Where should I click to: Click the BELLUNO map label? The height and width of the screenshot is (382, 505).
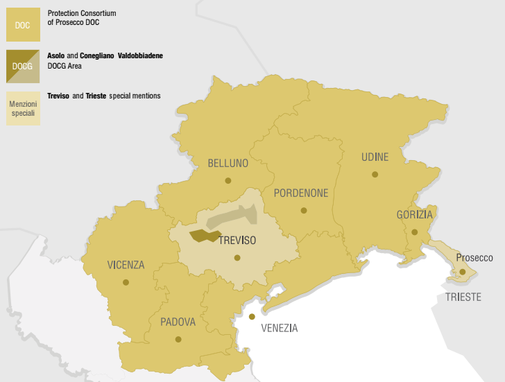click(228, 164)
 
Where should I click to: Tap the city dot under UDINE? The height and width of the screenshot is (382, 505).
click(375, 175)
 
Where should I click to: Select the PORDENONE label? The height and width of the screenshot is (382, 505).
click(300, 193)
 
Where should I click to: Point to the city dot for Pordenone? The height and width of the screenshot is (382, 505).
click(304, 210)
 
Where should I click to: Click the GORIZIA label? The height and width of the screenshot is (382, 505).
click(414, 215)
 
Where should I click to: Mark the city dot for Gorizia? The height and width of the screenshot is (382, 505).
click(414, 232)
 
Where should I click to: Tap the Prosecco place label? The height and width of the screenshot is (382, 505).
click(474, 258)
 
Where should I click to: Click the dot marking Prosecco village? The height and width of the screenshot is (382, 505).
click(462, 272)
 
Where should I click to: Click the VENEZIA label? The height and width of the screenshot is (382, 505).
click(279, 328)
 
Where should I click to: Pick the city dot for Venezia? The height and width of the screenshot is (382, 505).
click(252, 316)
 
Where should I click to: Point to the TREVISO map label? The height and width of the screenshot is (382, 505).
click(237, 241)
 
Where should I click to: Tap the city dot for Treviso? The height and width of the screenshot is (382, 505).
click(237, 257)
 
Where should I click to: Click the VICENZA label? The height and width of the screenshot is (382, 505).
click(126, 265)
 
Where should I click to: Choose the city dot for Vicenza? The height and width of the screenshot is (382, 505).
click(126, 282)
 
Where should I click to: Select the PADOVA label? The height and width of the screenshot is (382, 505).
click(178, 322)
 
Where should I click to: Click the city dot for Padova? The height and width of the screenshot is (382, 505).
click(178, 339)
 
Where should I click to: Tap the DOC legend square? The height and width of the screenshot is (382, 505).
click(23, 25)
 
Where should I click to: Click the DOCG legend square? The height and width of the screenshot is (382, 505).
click(23, 67)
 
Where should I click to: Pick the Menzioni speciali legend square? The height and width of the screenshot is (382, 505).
click(23, 108)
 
